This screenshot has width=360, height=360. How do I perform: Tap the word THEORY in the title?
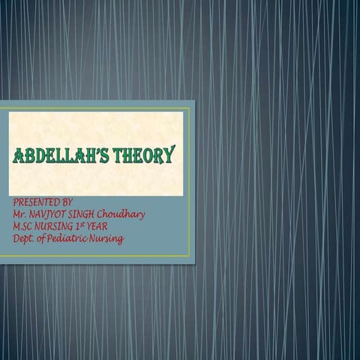(x=144, y=156)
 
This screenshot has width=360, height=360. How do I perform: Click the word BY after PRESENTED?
(x=67, y=202)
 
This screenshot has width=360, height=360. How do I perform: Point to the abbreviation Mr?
(x=19, y=214)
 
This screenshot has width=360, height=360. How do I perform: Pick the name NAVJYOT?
(x=48, y=214)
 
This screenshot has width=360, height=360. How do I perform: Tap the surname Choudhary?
(x=124, y=214)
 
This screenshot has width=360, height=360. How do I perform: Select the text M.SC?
(x=24, y=226)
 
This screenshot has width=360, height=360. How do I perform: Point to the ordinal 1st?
(x=85, y=226)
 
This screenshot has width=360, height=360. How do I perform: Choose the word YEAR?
(x=103, y=226)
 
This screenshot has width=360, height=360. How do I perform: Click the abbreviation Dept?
(x=24, y=239)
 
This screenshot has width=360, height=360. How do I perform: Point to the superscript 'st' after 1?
(x=88, y=224)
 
